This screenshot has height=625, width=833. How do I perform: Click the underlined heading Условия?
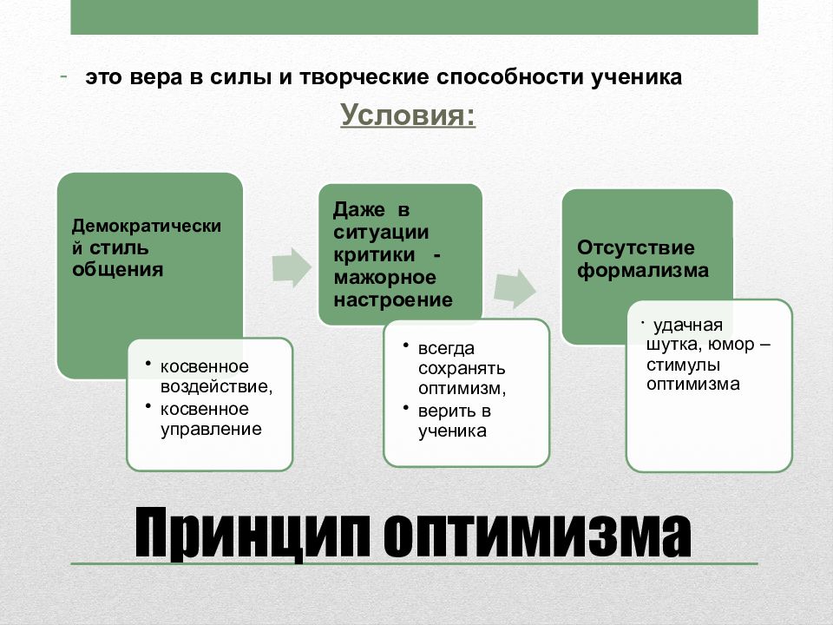[x=407, y=115]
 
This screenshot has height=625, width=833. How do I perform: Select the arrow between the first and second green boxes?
[x=291, y=266]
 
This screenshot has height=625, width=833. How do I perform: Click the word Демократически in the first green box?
[x=146, y=226]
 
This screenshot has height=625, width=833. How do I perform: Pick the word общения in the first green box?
[x=118, y=269]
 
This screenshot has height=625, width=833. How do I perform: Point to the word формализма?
[x=643, y=270]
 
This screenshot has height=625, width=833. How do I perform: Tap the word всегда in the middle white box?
[x=446, y=348]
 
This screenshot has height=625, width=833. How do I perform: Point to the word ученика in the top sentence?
[x=638, y=76]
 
